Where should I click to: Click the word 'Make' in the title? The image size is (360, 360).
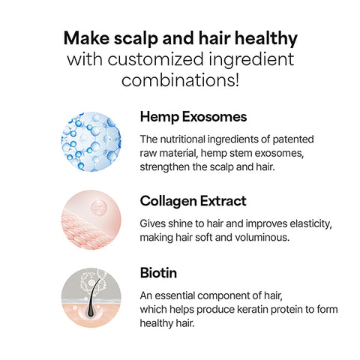coord(87,37)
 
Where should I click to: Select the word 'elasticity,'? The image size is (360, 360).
coord(307,223)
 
